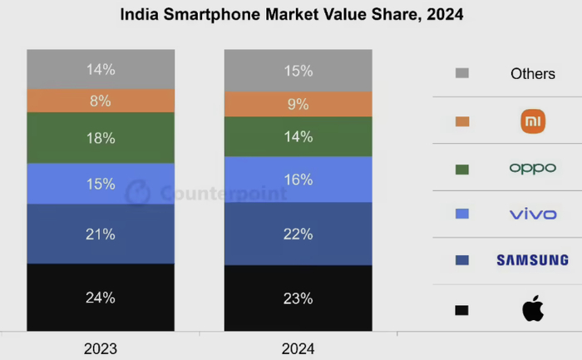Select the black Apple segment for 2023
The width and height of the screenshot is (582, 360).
click(x=101, y=297)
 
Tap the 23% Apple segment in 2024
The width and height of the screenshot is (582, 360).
click(x=298, y=298)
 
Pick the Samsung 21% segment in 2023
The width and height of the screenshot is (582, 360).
click(x=101, y=234)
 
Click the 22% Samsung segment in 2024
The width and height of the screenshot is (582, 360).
click(x=298, y=234)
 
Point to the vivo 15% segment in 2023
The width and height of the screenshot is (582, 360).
click(x=101, y=184)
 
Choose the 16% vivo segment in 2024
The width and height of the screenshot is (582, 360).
click(x=298, y=180)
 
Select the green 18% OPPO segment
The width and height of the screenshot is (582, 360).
click(x=101, y=138)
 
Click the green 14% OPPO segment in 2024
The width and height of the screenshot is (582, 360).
click(x=298, y=136)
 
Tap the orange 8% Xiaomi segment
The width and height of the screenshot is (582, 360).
click(x=101, y=101)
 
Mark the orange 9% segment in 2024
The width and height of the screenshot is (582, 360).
click(x=298, y=104)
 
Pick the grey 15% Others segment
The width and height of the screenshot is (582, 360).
click(x=298, y=71)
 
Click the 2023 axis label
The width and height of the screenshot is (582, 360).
click(x=101, y=348)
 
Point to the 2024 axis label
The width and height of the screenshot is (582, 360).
click(x=298, y=348)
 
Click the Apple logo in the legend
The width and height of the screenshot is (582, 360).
click(x=533, y=310)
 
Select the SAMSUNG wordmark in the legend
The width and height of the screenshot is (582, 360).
click(x=533, y=261)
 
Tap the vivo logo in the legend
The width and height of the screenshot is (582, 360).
click(x=533, y=215)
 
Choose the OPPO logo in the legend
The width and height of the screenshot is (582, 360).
click(x=533, y=168)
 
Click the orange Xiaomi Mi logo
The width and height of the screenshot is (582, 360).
click(x=533, y=121)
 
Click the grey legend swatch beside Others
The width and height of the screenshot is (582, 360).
click(x=462, y=73)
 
